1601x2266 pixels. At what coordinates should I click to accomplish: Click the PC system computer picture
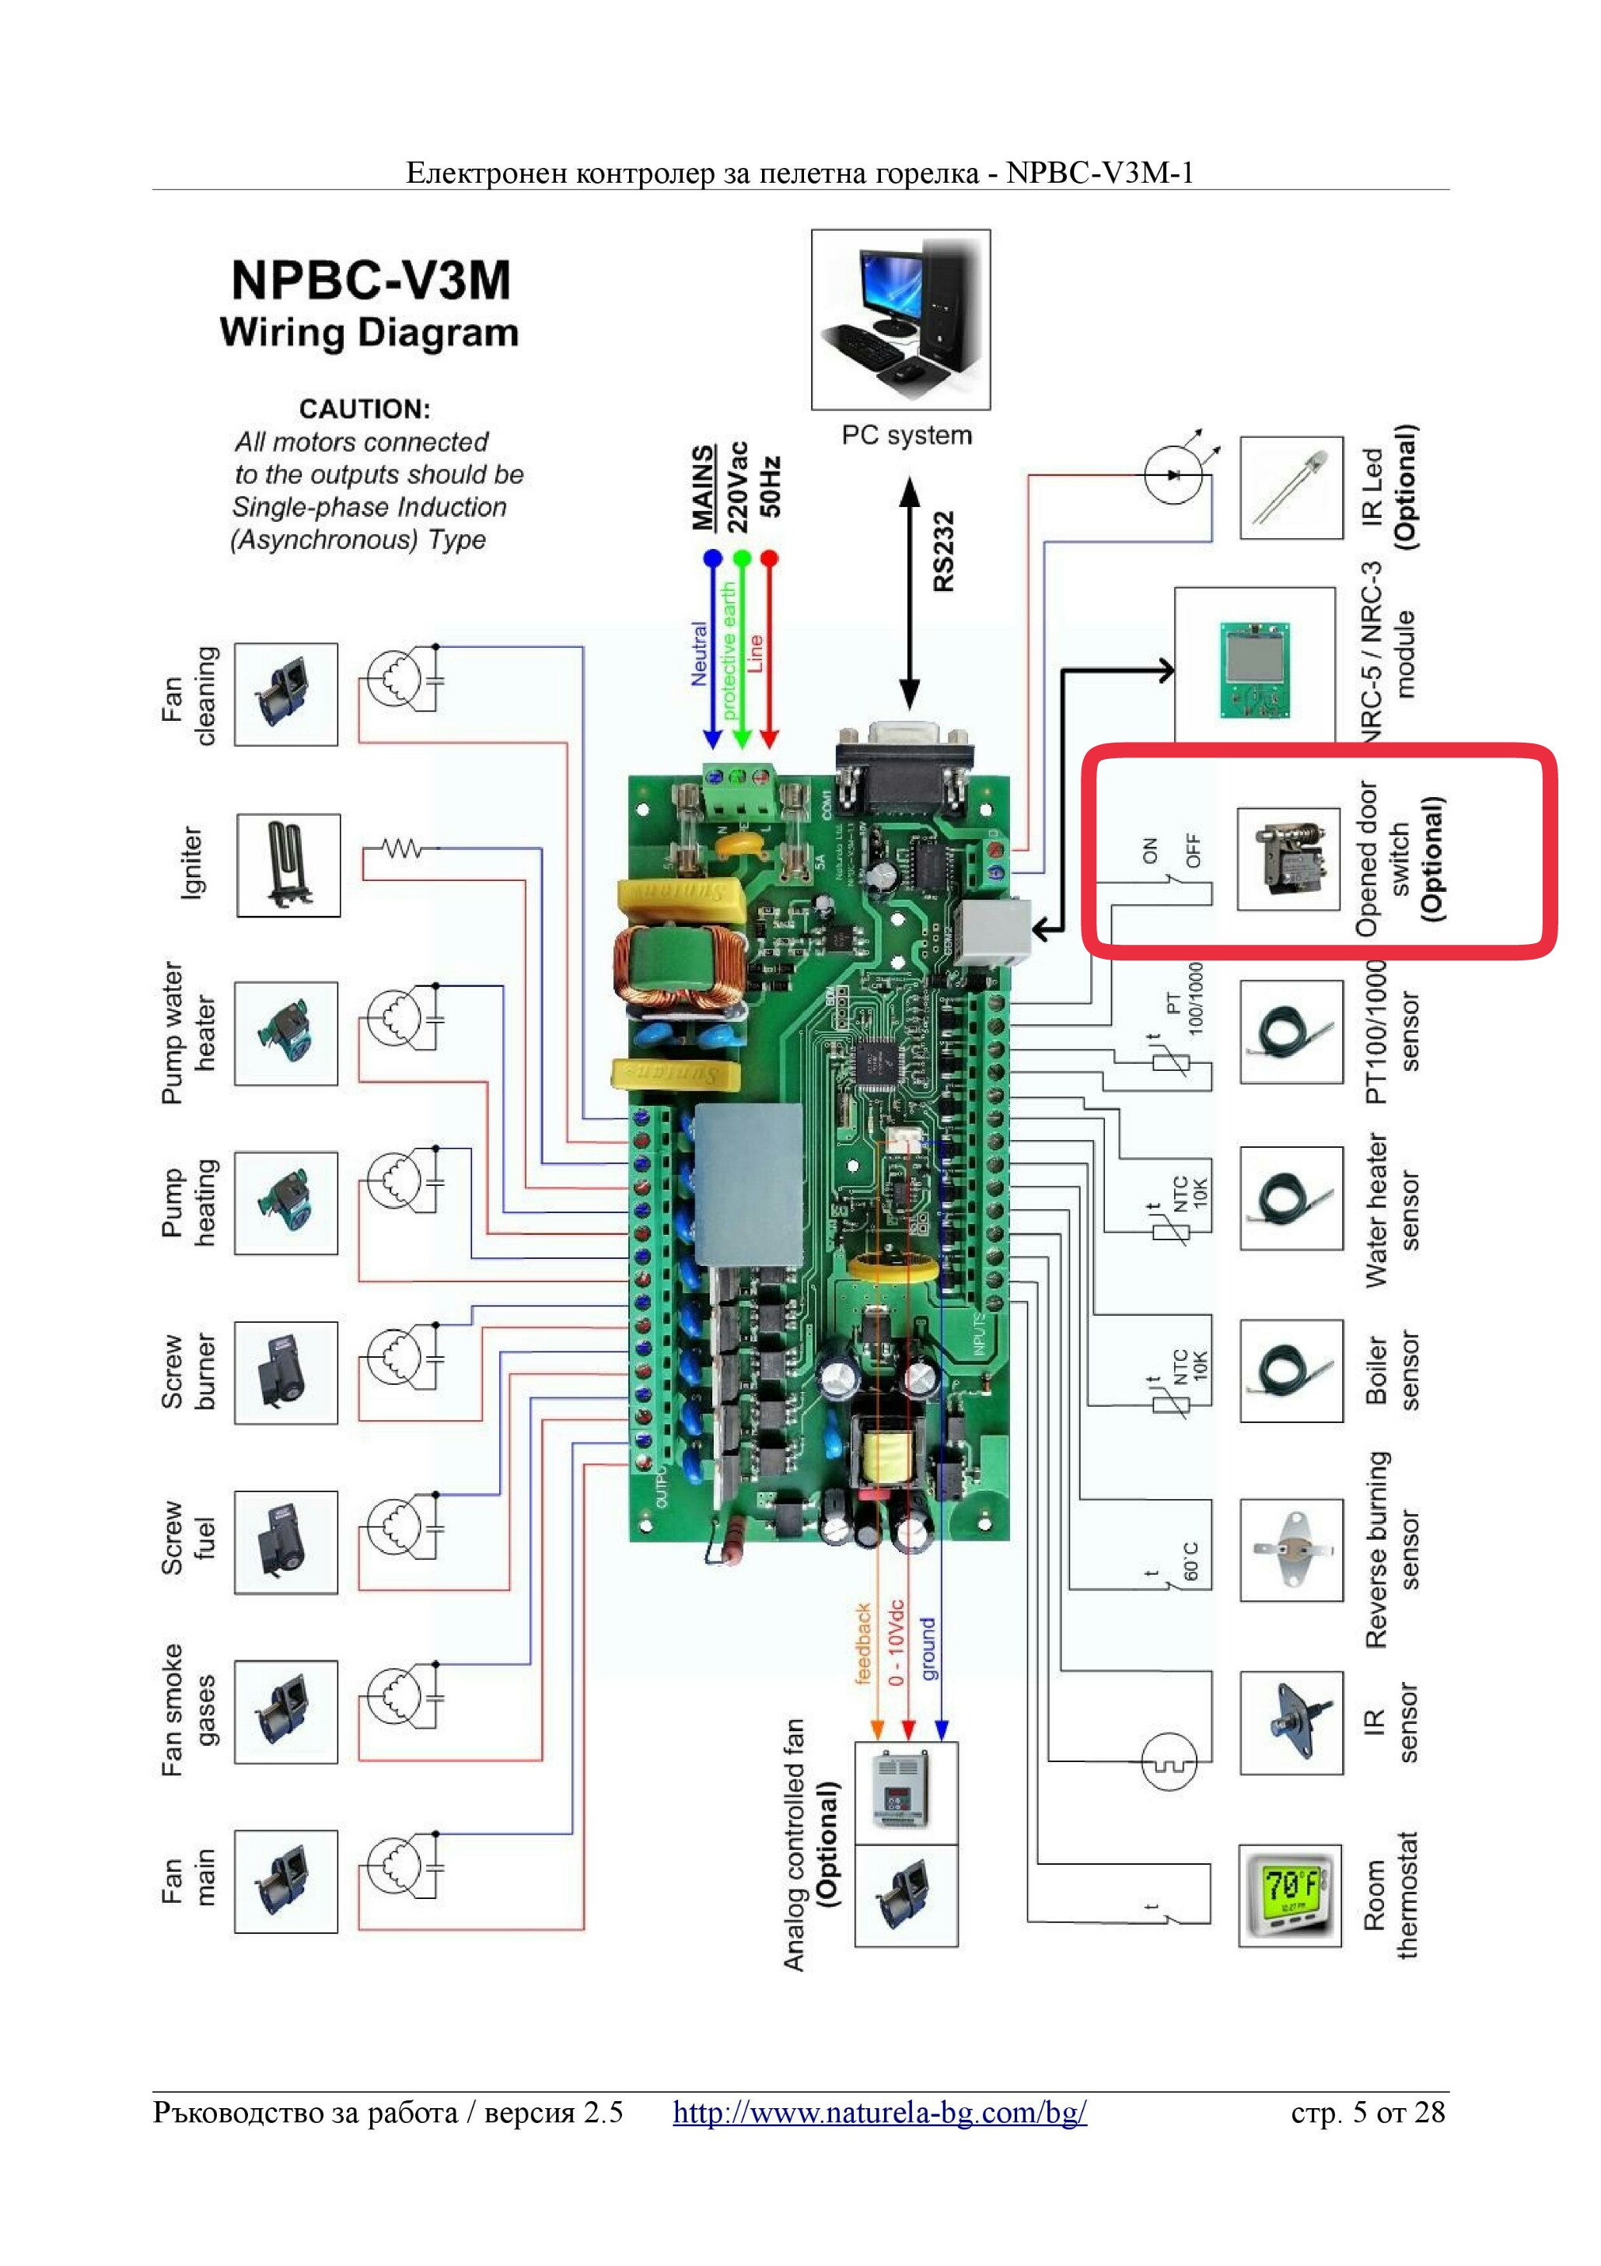point(900,319)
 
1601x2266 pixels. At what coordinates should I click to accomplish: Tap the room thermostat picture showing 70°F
point(1289,1895)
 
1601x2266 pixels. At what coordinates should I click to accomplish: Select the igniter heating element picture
point(288,865)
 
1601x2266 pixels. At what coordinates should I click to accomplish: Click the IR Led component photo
point(1291,488)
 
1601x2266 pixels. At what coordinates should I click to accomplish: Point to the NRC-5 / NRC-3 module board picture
point(1253,670)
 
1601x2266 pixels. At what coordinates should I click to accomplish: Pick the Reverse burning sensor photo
point(1291,1550)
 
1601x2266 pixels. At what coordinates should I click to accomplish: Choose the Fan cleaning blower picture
point(286,694)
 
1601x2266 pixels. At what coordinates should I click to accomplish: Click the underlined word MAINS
point(703,487)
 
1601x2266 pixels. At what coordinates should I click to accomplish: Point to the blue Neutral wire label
point(699,653)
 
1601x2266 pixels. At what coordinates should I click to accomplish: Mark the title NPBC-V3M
point(370,279)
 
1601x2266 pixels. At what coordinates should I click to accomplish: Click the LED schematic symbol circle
point(1173,474)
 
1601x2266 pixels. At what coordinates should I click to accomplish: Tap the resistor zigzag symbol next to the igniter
point(403,848)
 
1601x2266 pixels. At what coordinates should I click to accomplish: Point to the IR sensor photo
point(1291,1722)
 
